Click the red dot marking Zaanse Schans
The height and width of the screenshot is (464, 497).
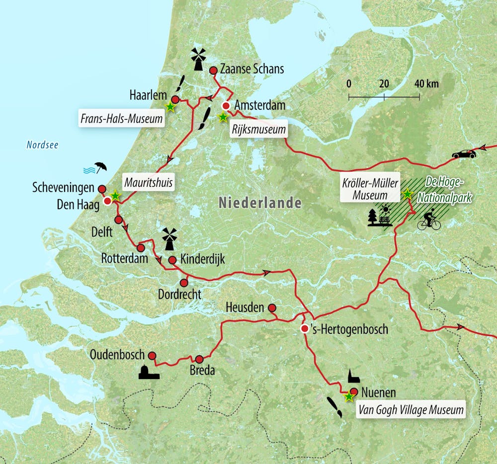(x=213, y=71)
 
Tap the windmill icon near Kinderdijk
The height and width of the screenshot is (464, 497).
(x=169, y=239)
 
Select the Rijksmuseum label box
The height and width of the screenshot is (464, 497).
(x=259, y=130)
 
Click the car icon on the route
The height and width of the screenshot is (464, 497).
(x=463, y=154)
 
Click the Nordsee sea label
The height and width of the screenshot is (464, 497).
(x=42, y=145)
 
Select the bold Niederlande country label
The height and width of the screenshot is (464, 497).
(x=259, y=203)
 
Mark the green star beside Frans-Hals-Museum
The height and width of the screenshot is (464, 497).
(x=170, y=106)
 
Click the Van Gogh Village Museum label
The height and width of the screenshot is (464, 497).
(x=411, y=410)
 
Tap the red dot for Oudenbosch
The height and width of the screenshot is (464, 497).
(x=152, y=356)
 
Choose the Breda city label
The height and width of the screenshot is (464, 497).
(x=202, y=370)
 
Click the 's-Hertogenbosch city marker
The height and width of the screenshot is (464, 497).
(x=305, y=328)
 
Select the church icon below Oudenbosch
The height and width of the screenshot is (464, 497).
(x=149, y=372)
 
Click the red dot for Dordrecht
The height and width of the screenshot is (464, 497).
(x=184, y=283)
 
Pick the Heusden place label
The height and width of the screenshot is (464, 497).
(x=244, y=308)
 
